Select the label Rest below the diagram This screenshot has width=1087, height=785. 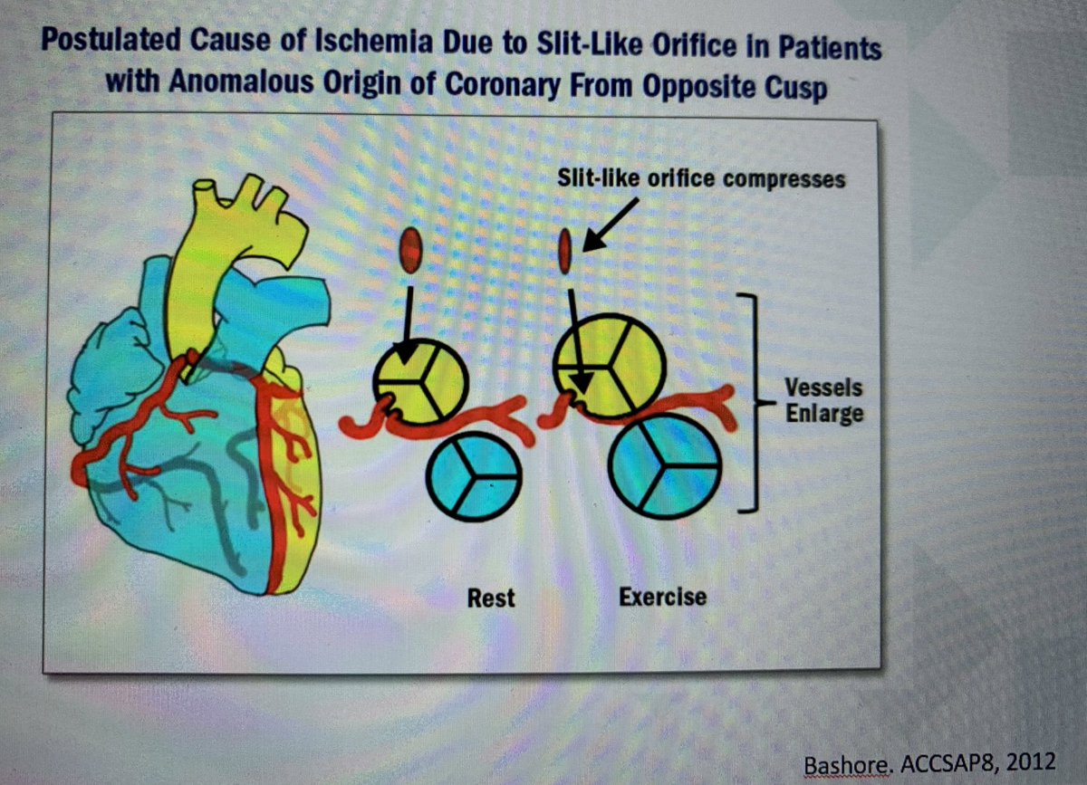point(491,598)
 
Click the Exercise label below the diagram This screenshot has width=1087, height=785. point(662,597)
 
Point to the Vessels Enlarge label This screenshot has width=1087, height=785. point(823,400)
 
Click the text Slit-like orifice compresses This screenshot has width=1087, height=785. point(702,179)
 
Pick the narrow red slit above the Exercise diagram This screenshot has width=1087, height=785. point(565,251)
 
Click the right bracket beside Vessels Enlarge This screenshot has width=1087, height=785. point(748,402)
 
